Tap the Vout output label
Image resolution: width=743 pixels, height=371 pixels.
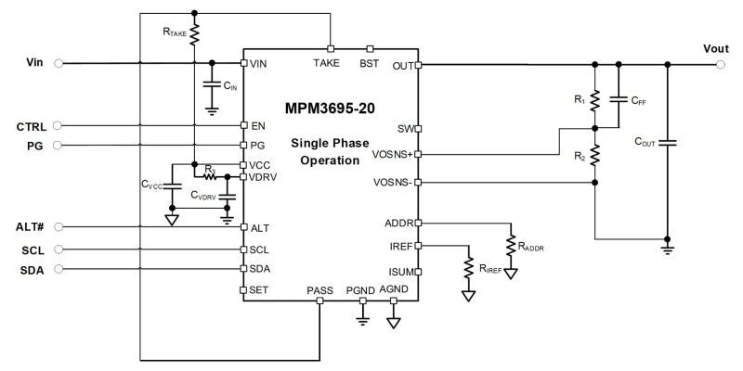coord(715,49)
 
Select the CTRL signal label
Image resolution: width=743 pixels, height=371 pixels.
coord(31,125)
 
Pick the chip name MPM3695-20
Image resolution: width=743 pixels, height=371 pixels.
coord(331,108)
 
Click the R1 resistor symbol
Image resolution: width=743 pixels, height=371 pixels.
coord(595,97)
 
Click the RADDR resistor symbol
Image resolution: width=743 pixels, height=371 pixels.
coord(510,246)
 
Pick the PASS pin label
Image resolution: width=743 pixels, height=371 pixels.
coord(319,291)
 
